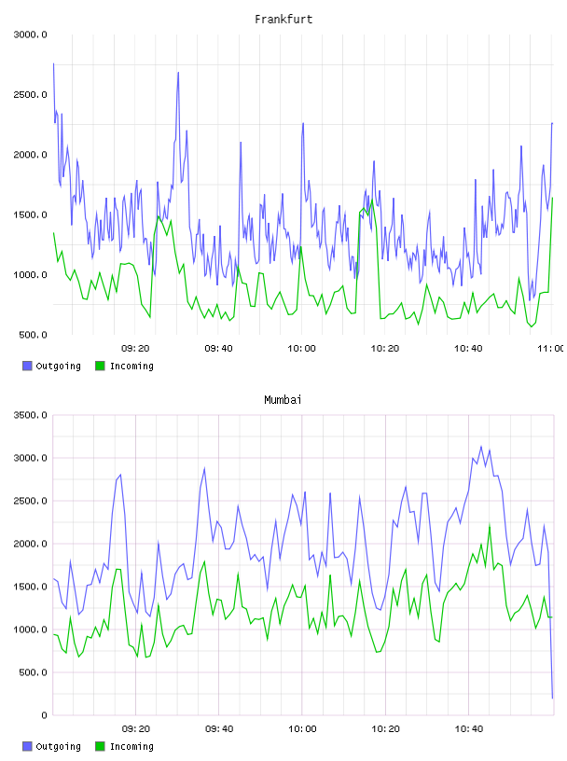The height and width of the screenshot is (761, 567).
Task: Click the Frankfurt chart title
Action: [x=283, y=20]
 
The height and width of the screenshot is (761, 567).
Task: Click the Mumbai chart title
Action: [x=283, y=400]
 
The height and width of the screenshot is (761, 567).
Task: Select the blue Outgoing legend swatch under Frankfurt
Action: [x=27, y=366]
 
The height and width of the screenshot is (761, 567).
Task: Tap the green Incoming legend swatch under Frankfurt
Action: [x=100, y=366]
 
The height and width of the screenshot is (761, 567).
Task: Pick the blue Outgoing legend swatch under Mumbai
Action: [x=27, y=746]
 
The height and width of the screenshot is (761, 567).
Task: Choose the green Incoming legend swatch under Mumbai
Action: [x=100, y=746]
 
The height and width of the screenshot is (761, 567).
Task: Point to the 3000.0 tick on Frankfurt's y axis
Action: [x=30, y=35]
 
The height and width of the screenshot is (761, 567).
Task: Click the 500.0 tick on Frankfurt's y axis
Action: [x=33, y=335]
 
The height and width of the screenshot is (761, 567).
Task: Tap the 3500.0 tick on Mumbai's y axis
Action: [x=30, y=415]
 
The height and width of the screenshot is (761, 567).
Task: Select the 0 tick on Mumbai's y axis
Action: [x=44, y=715]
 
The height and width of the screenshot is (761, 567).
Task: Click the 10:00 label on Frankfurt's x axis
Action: [x=301, y=349]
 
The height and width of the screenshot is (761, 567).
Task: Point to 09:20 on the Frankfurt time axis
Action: [x=135, y=349]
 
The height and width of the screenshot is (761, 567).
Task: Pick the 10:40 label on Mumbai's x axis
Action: [x=468, y=729]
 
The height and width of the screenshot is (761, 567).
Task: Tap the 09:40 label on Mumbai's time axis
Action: [x=219, y=729]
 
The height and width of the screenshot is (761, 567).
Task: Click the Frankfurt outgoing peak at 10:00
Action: [x=303, y=123]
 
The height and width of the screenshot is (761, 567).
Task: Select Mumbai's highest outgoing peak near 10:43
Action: [x=481, y=447]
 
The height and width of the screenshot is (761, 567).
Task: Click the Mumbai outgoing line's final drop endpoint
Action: [x=552, y=698]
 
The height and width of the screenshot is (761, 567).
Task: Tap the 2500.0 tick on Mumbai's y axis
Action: [x=30, y=501]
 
